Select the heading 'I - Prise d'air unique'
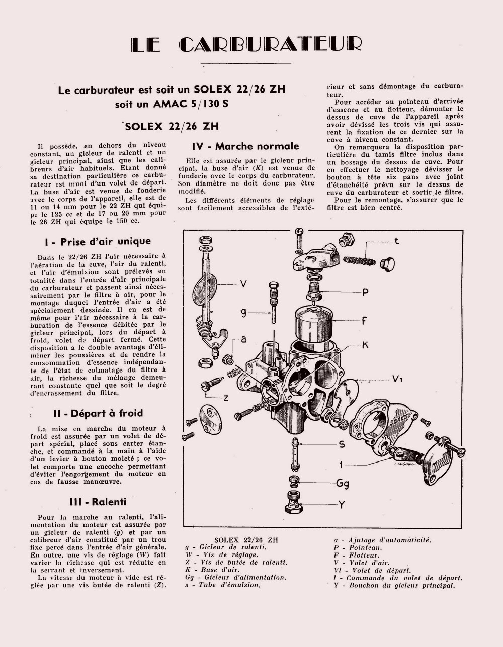(98, 242)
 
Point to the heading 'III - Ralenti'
(98, 502)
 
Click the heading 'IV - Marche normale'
(245, 146)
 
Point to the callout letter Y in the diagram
(342, 504)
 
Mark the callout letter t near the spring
(396, 241)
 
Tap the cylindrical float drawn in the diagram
(314, 324)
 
